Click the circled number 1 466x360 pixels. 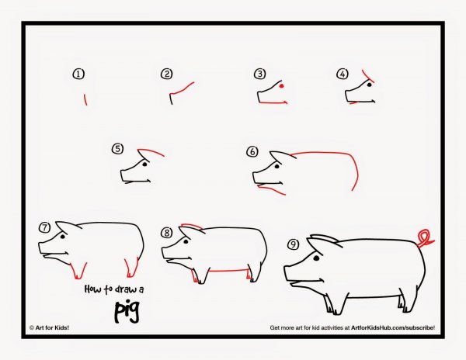pyautogui.click(x=78, y=74)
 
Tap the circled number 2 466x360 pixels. pyautogui.click(x=167, y=74)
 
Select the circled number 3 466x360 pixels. pyautogui.click(x=259, y=74)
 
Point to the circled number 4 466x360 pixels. pyautogui.click(x=343, y=74)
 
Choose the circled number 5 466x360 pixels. pyautogui.click(x=118, y=148)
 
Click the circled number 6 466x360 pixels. pyautogui.click(x=252, y=151)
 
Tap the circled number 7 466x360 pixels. pyautogui.click(x=44, y=227)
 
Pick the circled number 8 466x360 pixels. pyautogui.click(x=167, y=233)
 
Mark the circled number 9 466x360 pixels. pyautogui.click(x=294, y=244)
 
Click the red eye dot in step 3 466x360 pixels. pyautogui.click(x=282, y=86)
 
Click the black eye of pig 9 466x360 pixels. pyautogui.click(x=316, y=258)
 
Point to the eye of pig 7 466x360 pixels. pyautogui.click(x=63, y=237)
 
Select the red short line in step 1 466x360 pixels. pyautogui.click(x=85, y=100)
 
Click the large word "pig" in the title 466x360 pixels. pyautogui.click(x=127, y=312)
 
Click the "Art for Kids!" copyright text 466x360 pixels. pyautogui.click(x=50, y=327)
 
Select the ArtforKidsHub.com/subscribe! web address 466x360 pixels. pyautogui.click(x=393, y=327)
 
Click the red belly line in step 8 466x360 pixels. pyautogui.click(x=228, y=270)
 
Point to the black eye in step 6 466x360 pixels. pyautogui.click(x=277, y=167)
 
